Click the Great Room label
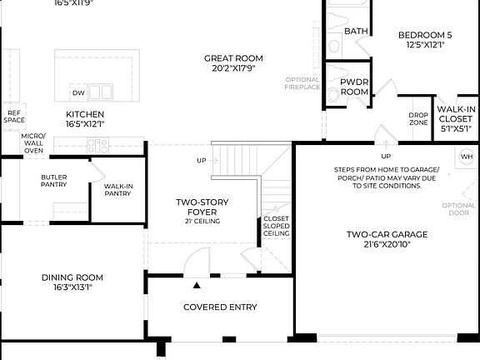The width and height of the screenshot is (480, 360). click(233, 58)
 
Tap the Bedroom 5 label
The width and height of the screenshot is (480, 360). click(425, 35)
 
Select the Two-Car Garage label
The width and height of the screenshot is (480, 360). click(387, 235)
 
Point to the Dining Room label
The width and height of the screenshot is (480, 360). click(72, 277)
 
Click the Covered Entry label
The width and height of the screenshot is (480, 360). click(220, 307)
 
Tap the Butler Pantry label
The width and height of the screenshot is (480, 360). click(54, 181)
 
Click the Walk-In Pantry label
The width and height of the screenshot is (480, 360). click(117, 188)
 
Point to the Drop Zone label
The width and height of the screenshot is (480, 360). click(418, 119)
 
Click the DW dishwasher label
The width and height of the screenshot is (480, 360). click(78, 92)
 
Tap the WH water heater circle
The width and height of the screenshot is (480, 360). click(466, 157)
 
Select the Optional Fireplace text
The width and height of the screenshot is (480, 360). click(302, 82)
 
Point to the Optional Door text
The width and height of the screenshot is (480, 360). click(459, 209)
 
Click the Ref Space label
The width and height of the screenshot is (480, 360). click(14, 117)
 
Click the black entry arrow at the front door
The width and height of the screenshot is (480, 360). click(197, 286)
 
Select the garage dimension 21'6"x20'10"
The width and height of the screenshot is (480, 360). click(387, 245)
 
